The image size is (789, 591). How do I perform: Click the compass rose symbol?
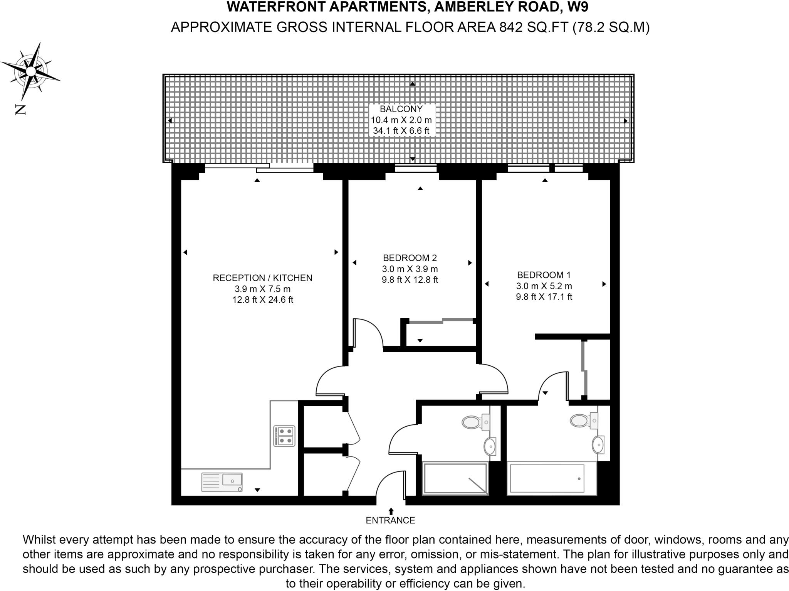pos(30,71)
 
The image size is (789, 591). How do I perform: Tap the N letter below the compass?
pos(20,110)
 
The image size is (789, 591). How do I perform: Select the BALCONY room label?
pos(401,109)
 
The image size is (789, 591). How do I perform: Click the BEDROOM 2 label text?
pos(410,258)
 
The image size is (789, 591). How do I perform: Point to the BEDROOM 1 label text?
pos(544,275)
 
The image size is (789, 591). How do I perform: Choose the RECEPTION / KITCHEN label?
pos(262,278)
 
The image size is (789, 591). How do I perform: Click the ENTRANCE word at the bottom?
pos(390,520)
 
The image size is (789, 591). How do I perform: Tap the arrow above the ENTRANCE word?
pos(391,511)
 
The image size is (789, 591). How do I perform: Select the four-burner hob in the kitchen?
pos(284,436)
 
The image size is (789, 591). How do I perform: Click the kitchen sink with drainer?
pos(222,482)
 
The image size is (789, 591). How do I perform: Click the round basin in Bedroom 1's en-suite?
pos(598,445)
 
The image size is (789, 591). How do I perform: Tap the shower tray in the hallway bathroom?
pos(455,478)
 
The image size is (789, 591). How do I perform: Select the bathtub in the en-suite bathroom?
pos(547,478)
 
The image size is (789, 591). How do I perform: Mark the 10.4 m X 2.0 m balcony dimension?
pos(401,120)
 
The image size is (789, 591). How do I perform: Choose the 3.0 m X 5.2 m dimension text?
pos(544,286)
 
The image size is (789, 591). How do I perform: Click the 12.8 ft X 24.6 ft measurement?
pos(262,299)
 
